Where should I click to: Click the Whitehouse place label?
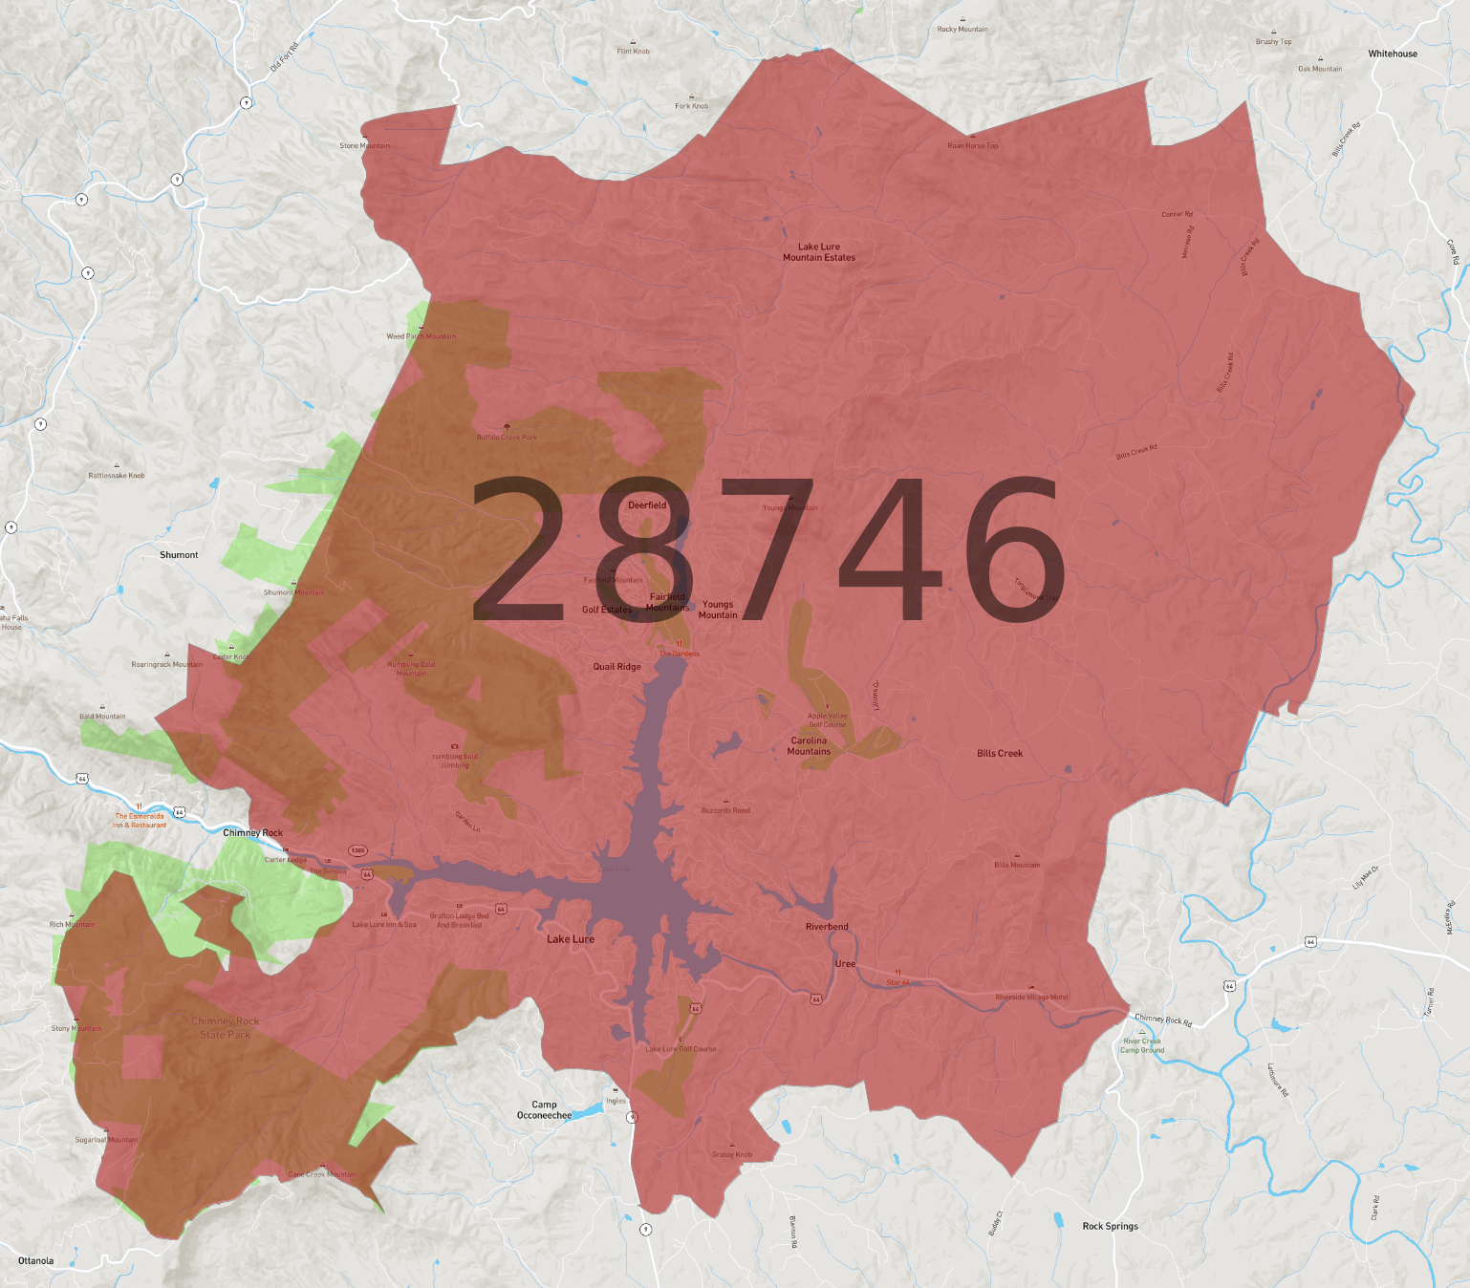[x=1392, y=54]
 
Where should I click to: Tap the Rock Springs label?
[x=1110, y=1226]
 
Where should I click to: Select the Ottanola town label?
[x=35, y=1260]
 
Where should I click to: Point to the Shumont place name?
[x=179, y=555]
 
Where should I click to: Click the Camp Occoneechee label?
[x=544, y=1109]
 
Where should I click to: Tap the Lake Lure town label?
[x=570, y=939]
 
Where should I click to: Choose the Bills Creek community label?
[x=999, y=754]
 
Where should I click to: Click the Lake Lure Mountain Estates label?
[x=819, y=252]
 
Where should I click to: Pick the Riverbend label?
[x=827, y=927]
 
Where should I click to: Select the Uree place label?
[x=845, y=964]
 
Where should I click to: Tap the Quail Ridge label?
[x=616, y=667]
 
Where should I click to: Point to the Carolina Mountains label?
[x=809, y=746]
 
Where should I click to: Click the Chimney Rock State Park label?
[x=225, y=1028]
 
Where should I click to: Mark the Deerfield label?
[x=647, y=505]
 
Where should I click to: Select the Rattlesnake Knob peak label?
[x=117, y=475]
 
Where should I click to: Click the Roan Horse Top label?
[x=972, y=146]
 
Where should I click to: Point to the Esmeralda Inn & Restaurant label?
[x=140, y=821]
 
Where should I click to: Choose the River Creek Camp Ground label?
[x=1142, y=1045]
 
